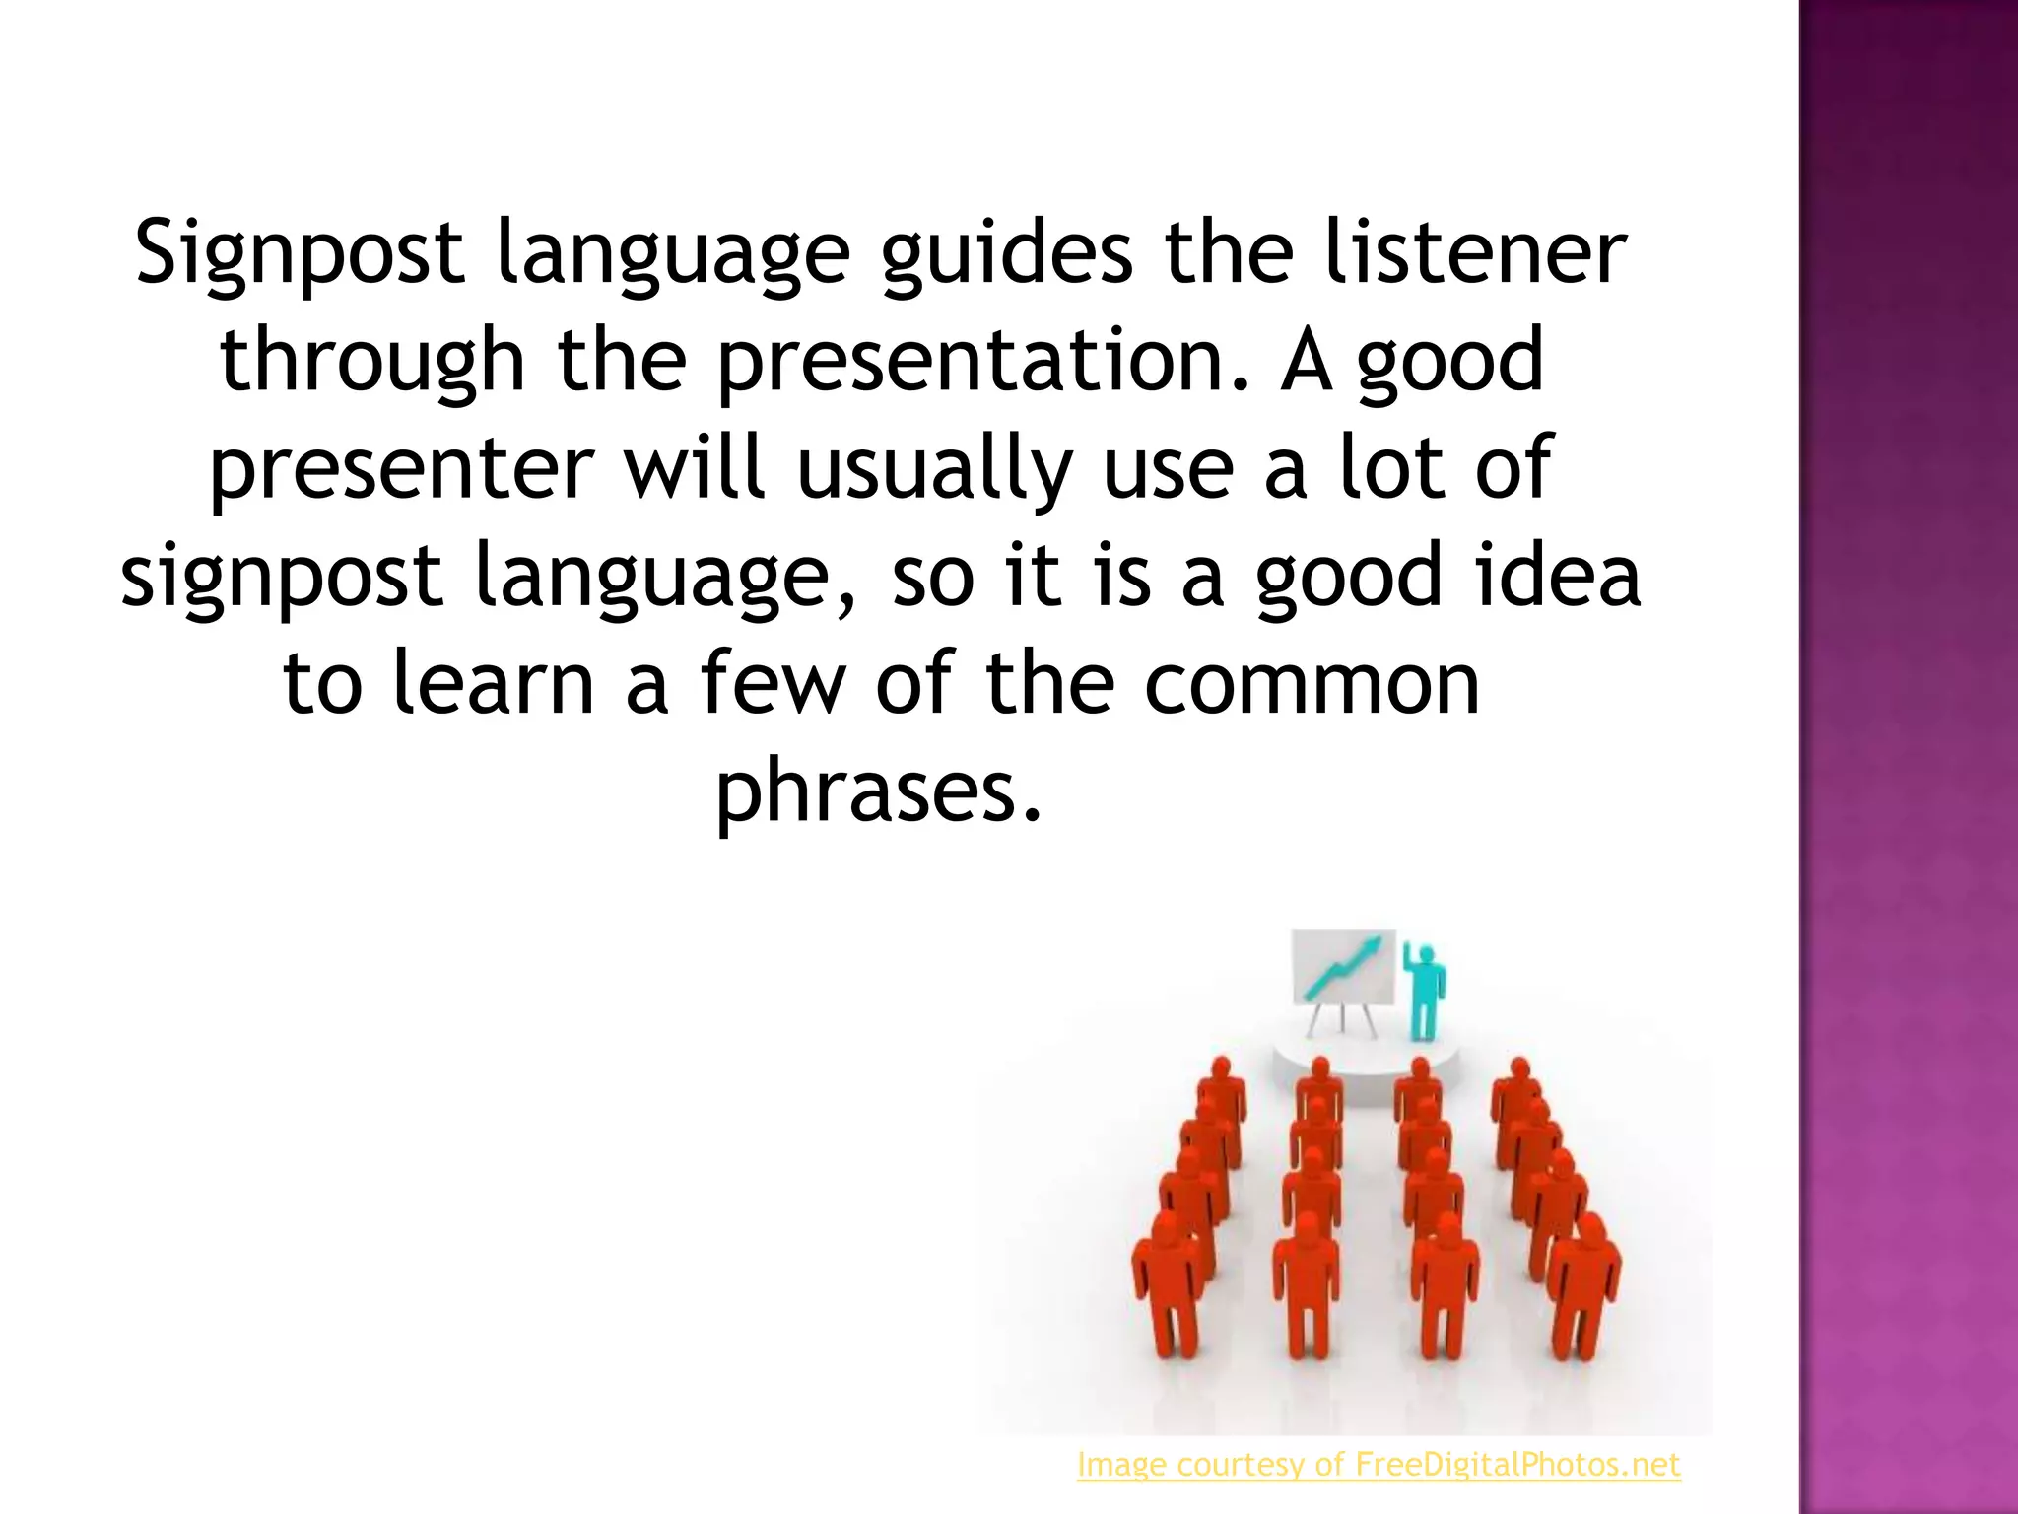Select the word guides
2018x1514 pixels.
tap(1006, 253)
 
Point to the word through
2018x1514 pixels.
tap(372, 361)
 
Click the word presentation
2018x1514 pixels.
tap(972, 361)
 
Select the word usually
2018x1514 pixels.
tap(934, 468)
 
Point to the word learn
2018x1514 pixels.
tap(494, 683)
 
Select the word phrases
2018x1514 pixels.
tap(878, 791)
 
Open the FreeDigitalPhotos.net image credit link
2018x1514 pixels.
tap(1379, 1465)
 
